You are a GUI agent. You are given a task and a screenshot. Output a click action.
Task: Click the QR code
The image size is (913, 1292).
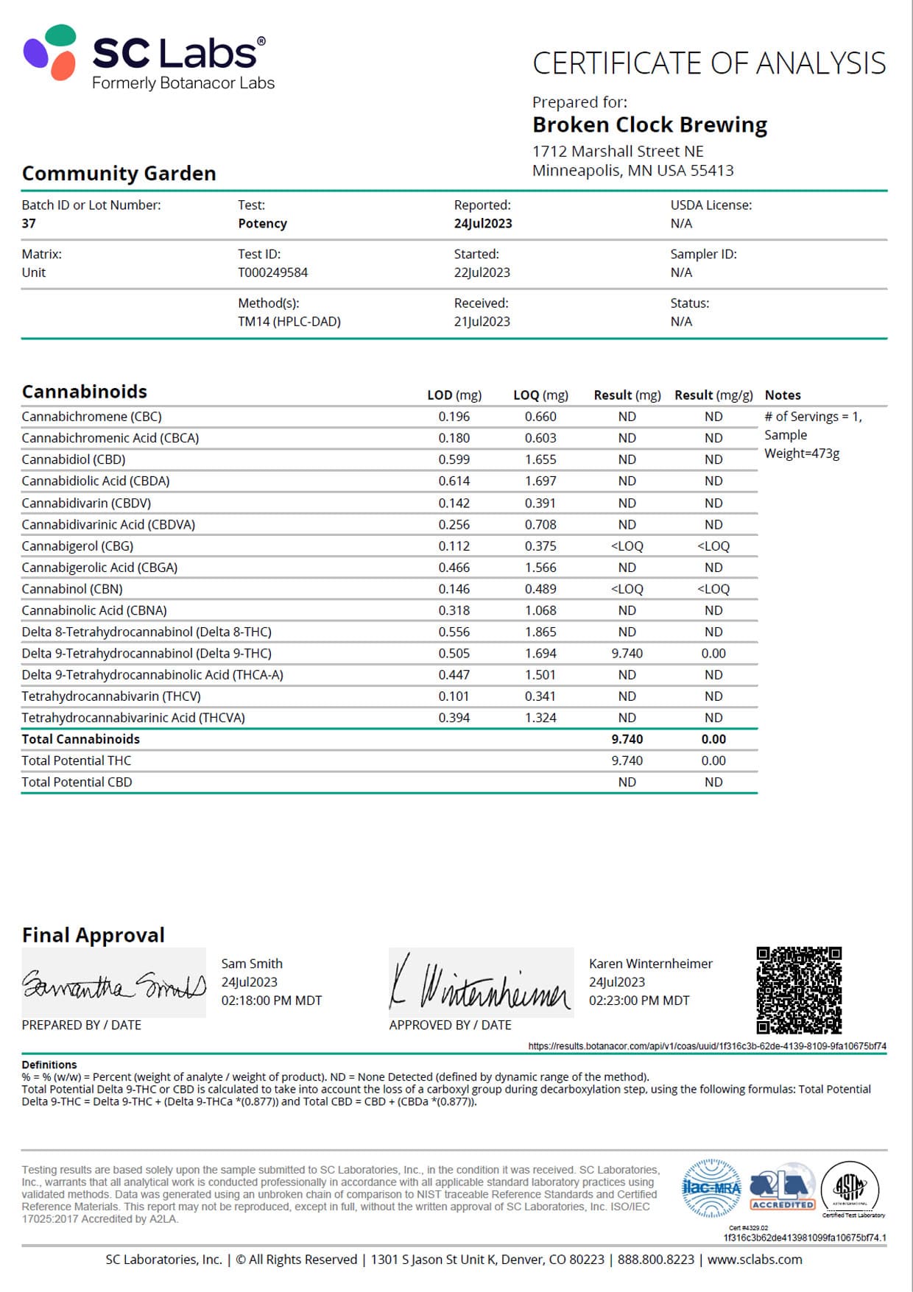799,989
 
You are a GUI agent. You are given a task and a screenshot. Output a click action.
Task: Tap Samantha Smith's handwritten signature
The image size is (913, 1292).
113,984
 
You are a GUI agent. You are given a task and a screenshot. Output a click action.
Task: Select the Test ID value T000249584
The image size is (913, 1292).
272,272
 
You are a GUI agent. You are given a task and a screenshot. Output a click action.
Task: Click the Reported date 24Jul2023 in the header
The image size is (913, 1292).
483,223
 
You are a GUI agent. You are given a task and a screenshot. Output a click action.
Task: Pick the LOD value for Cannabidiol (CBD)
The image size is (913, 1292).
454,459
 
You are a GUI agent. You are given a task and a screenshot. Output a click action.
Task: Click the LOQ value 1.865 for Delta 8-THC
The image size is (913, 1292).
540,632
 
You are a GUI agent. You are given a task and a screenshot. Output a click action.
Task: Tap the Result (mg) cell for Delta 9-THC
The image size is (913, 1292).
627,653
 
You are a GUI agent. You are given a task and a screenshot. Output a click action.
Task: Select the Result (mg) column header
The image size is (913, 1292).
627,395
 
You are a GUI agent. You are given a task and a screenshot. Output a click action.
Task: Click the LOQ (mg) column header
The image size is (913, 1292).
540,395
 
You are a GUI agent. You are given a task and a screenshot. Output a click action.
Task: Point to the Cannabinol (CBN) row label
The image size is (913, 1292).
72,589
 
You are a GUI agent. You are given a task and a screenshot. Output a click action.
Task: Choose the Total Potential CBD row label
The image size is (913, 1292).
77,782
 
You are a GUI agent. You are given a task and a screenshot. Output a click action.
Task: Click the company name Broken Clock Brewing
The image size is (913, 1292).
649,125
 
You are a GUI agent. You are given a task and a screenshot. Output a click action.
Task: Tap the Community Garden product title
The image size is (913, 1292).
119,174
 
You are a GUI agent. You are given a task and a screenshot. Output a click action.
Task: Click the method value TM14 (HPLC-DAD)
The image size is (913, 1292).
289,322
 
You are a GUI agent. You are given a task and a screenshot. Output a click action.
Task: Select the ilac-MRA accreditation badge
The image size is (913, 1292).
711,1187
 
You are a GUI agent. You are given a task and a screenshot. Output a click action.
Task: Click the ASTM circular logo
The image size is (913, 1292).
850,1187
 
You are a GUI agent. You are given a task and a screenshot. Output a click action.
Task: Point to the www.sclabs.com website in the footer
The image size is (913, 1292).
755,1260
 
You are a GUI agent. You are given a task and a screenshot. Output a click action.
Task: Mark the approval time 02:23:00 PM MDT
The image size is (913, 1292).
639,1000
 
